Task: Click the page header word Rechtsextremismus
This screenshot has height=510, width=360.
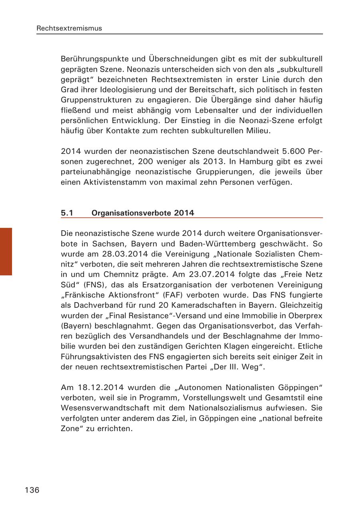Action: tap(69, 28)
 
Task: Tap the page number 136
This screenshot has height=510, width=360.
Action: tap(32, 490)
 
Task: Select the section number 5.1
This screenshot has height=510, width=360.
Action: tap(67, 213)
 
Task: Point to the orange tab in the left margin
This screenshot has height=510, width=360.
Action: tap(6, 251)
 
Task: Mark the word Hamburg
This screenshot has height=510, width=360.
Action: tap(252, 162)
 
